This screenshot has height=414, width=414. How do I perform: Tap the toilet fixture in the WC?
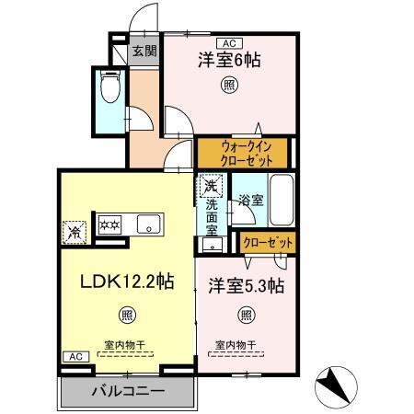point(110,90)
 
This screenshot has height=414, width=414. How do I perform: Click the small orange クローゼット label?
point(269,243)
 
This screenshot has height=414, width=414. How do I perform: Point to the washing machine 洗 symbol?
point(212,183)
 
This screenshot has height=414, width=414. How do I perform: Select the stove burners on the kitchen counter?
point(109,224)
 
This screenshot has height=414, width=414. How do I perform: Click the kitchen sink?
point(146,224)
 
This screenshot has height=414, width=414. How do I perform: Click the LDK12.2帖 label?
point(126,280)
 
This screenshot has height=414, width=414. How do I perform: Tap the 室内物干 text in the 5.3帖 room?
point(236,346)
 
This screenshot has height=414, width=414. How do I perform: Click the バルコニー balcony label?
point(128,392)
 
